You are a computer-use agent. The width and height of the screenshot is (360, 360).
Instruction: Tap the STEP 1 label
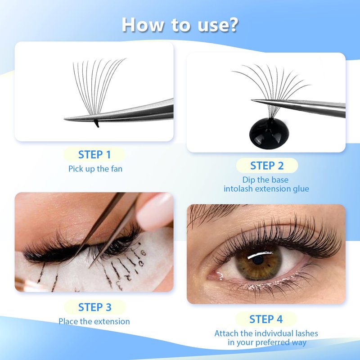[x=94, y=154]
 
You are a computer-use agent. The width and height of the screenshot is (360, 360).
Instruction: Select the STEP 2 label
[x=267, y=166]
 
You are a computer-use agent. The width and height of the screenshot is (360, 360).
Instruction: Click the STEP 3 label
[x=94, y=307]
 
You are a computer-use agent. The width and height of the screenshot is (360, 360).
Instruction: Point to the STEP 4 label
[x=266, y=319]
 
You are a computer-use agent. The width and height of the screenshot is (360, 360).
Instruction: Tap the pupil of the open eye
[x=258, y=260]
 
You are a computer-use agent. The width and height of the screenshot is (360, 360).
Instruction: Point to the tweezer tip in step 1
[x=65, y=119]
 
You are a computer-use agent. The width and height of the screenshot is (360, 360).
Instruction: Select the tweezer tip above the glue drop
[x=252, y=100]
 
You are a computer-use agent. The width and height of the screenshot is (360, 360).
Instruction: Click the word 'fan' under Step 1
[x=117, y=169]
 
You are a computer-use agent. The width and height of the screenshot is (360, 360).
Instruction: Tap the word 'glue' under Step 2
[x=301, y=189]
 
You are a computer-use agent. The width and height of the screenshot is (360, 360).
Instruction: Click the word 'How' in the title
[x=143, y=25]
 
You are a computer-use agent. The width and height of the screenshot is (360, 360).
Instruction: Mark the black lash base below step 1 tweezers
[x=96, y=123]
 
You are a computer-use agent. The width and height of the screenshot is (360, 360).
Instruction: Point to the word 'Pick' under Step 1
[x=76, y=169]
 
